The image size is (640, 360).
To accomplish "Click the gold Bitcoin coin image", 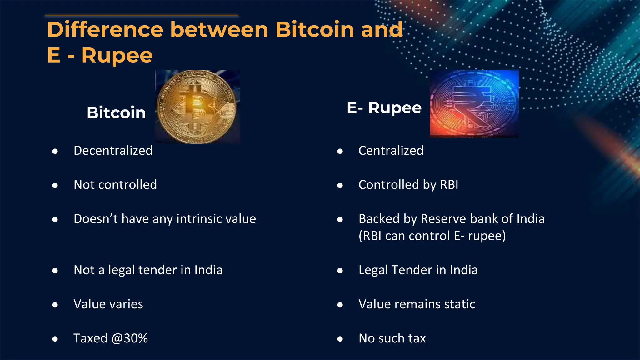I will tap(197, 107).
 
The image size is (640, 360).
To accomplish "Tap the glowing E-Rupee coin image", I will tap(474, 104).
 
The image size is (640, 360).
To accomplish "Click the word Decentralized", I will tap(113, 151).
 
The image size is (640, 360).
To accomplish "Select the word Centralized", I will tap(391, 151).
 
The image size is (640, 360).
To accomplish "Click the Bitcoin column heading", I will tap(116, 112).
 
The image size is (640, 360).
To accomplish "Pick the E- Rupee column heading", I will tap(384, 108).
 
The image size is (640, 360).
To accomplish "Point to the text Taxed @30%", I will tap(111, 338).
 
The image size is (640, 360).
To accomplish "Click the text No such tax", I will tap(392, 338).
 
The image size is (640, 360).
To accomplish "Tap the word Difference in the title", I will tap(105, 30).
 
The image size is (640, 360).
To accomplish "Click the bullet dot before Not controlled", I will tap(55, 186).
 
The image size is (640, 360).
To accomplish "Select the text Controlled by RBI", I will tap(408, 185).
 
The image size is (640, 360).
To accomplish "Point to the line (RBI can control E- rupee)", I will tap(432, 236).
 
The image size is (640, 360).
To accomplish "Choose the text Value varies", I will tap(108, 304).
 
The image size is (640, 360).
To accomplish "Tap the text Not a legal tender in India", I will tap(148, 270).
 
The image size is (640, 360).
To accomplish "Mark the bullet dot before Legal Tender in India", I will tap(340, 271).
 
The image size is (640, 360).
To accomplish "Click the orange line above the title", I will tap(142, 15).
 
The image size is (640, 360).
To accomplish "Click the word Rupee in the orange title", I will tap(117, 55).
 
